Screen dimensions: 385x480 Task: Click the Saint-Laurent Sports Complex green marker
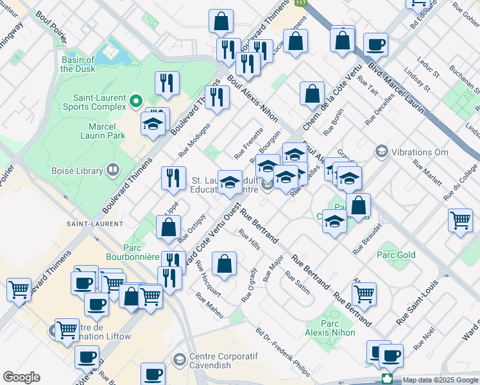tap(135, 101)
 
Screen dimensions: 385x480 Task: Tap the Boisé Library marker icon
tap(113, 170)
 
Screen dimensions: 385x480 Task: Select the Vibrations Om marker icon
tap(382, 151)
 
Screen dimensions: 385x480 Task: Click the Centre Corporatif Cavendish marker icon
tap(179, 358)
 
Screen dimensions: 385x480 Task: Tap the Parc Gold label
tap(396, 255)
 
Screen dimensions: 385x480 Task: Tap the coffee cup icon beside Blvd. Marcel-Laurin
tap(375, 46)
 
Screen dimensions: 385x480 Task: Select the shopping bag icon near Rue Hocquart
tap(224, 264)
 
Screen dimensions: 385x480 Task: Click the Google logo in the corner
tap(21, 377)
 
